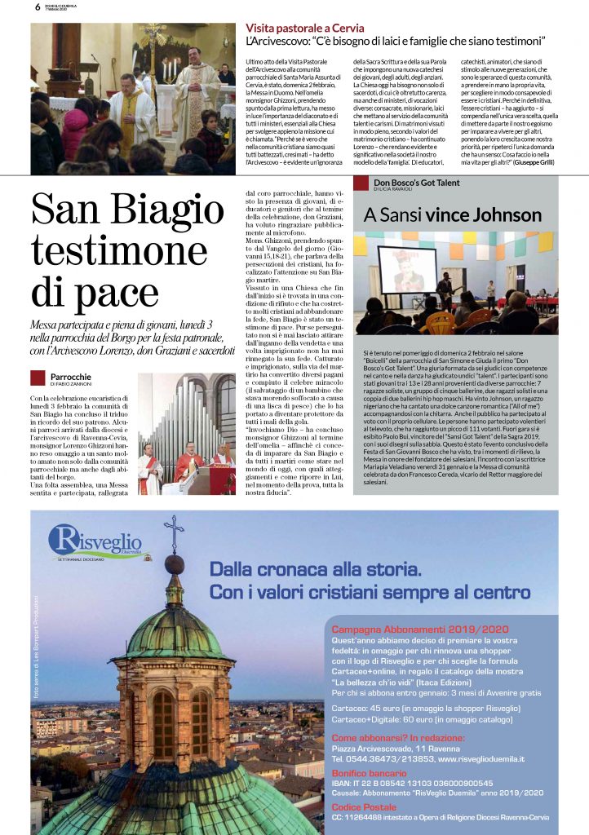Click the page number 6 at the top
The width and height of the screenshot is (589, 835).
coord(38,7)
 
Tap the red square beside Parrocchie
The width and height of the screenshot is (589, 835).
coord(37,378)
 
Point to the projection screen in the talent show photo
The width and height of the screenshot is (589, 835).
coord(407,267)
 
